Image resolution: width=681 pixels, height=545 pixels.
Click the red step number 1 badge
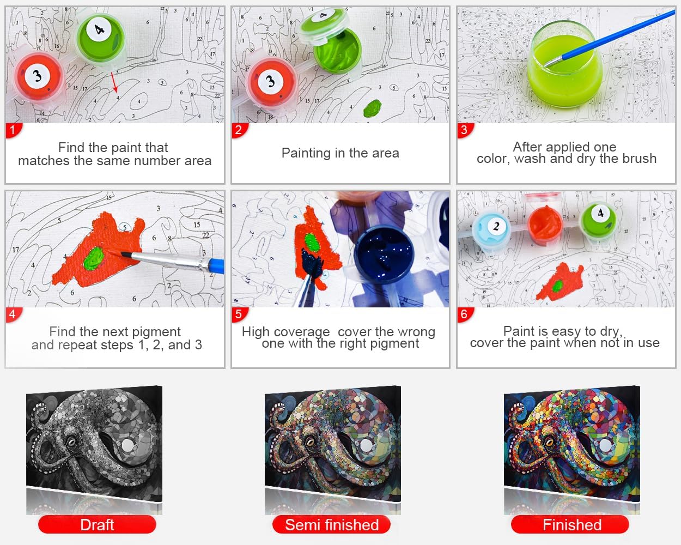[x=13, y=130]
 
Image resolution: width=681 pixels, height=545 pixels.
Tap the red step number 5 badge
[x=239, y=315]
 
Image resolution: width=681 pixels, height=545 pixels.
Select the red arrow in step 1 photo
[x=114, y=82]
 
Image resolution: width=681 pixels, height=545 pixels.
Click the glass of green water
[x=566, y=64]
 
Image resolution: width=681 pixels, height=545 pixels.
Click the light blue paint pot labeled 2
[x=491, y=232]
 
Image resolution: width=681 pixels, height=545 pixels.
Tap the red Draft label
[x=97, y=525]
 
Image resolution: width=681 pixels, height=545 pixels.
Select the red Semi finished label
[x=332, y=525]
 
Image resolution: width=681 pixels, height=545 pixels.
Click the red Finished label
[x=570, y=525]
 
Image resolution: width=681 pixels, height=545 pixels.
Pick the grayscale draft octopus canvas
[x=94, y=443]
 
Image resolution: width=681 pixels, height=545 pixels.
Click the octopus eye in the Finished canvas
[x=549, y=441]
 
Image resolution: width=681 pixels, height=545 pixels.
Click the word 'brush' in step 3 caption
[x=639, y=159]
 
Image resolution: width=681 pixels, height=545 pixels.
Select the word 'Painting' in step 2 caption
[x=306, y=154]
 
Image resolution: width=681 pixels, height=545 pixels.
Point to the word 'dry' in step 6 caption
[x=611, y=331]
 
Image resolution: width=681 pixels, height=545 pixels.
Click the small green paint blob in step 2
[x=373, y=108]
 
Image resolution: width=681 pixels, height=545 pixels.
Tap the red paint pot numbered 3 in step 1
[x=39, y=77]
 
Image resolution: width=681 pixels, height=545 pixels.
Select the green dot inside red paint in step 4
[x=94, y=258]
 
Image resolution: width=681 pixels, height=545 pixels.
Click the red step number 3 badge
[x=465, y=130]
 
